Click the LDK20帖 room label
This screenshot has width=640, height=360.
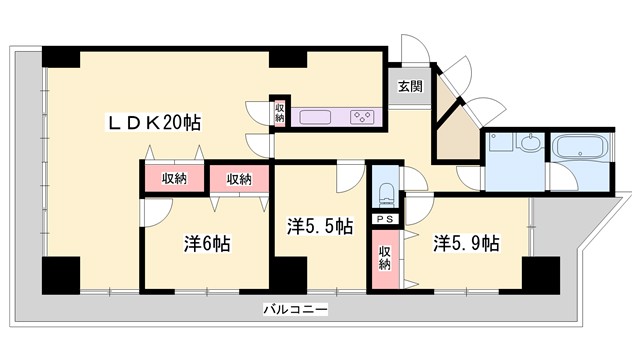point(154,123)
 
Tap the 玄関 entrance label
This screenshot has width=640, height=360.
point(408,86)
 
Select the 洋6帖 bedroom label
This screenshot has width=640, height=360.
point(207,243)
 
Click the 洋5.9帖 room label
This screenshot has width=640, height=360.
point(466,243)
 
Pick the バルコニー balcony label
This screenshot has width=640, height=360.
point(296,309)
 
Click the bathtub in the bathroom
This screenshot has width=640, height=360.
point(579,150)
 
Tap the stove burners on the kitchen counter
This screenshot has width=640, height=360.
point(362,117)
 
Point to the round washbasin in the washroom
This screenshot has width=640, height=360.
point(528,143)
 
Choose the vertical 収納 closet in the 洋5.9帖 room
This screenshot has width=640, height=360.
point(385,255)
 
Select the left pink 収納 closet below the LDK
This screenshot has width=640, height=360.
point(174,179)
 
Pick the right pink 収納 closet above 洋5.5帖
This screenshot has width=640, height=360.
point(239,179)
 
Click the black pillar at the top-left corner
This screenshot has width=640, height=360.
point(58,57)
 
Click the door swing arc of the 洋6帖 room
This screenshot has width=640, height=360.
point(158,212)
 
